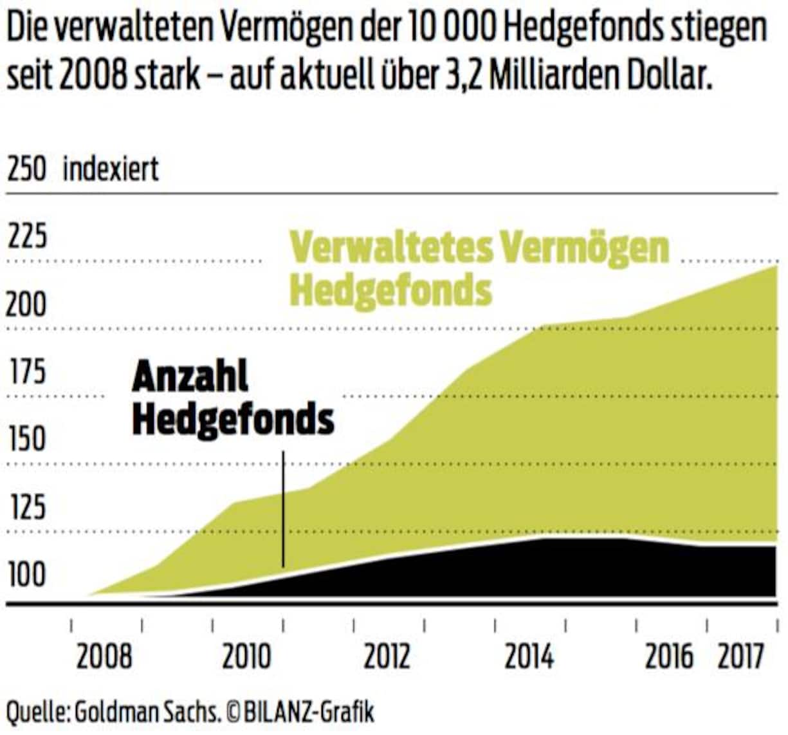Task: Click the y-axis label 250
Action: pos(26,169)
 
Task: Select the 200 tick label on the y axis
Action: pos(26,304)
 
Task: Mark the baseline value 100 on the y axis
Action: pos(26,575)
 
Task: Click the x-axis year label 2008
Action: pos(104,657)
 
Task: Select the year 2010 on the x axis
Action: pos(247,657)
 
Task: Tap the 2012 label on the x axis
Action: pos(387,657)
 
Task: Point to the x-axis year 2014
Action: pos(529,657)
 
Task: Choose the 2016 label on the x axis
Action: pos(670,657)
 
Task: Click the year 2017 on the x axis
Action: pos(740,657)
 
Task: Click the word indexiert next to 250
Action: pos(111,169)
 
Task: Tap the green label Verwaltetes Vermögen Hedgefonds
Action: pos(479,268)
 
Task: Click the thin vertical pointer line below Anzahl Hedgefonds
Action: pos(283,508)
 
